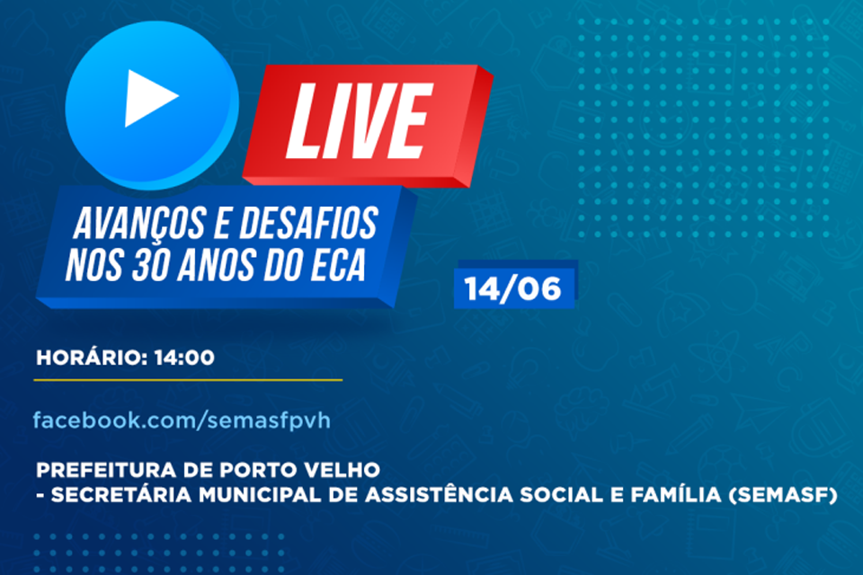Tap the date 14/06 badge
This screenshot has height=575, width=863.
(513, 288)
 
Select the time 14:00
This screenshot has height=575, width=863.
(184, 358)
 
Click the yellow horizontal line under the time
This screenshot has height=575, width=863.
(188, 380)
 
